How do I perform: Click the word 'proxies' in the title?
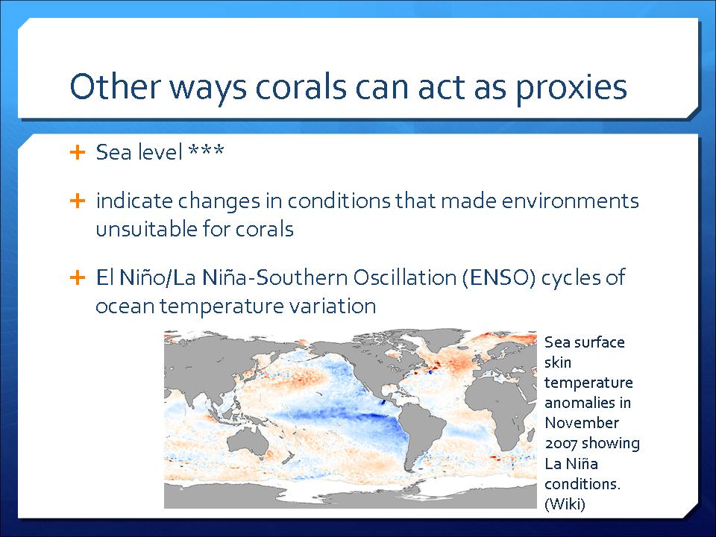(x=572, y=88)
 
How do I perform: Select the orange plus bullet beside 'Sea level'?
(x=78, y=152)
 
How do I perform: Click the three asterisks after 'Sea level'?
(x=206, y=150)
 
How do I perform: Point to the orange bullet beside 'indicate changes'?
(x=78, y=201)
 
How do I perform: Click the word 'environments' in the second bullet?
(x=571, y=201)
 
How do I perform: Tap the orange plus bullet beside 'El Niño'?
(x=78, y=277)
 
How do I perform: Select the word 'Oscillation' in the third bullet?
(x=404, y=277)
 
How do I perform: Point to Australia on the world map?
(x=248, y=442)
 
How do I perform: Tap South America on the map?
(x=421, y=434)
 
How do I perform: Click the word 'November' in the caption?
(x=582, y=423)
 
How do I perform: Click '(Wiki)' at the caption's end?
(x=565, y=503)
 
